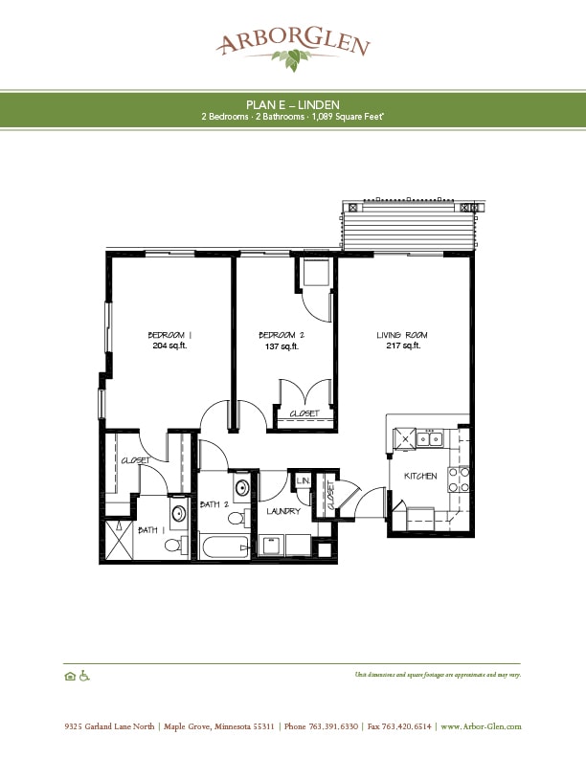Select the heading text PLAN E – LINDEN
tap(293, 103)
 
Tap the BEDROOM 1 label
tap(170, 334)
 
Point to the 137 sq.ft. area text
tap(282, 346)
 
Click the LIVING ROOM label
tap(401, 334)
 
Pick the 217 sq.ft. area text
tap(401, 346)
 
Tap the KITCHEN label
tap(420, 476)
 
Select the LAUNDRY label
tap(283, 511)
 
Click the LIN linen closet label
tap(303, 480)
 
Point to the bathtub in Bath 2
tap(222, 547)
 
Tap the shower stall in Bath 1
tap(118, 540)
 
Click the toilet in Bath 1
tap(173, 546)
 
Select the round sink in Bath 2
tap(242, 487)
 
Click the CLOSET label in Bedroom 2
tap(304, 413)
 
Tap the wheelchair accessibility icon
tap(83, 675)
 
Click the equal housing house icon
tap(69, 675)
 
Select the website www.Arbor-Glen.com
tap(481, 726)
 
